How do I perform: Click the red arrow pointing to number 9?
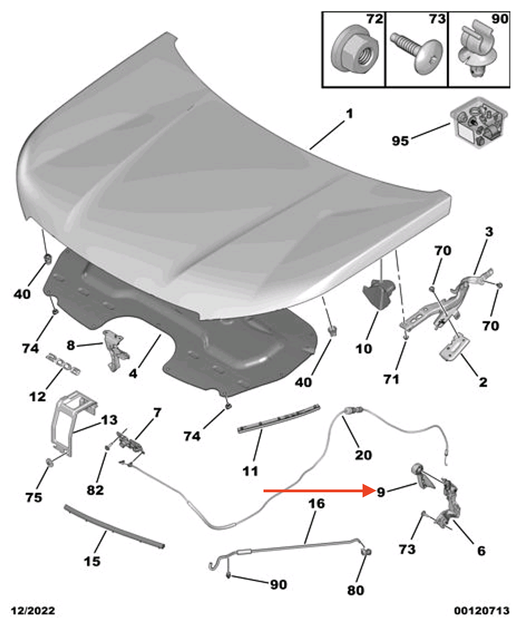(x=318, y=491)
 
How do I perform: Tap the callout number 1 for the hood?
(x=349, y=114)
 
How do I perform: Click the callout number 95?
(x=399, y=140)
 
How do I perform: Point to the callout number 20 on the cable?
(x=363, y=455)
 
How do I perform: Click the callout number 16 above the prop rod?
(x=316, y=503)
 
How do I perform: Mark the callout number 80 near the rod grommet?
(x=356, y=590)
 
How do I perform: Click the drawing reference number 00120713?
(x=481, y=611)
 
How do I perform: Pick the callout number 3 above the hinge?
(x=488, y=231)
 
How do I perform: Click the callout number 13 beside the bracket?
(x=110, y=419)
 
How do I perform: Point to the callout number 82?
(x=95, y=490)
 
